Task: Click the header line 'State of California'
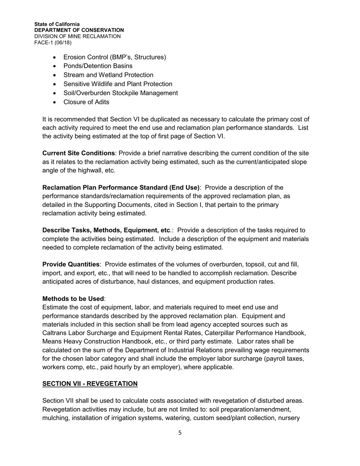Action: [x=57, y=24]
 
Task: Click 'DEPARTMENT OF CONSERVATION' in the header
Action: [x=79, y=30]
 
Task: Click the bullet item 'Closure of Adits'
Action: [x=86, y=102]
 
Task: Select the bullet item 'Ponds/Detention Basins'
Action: [x=98, y=66]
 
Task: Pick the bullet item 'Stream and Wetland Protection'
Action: [x=108, y=75]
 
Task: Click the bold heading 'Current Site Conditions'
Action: [x=78, y=153]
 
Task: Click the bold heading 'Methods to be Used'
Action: [x=73, y=299]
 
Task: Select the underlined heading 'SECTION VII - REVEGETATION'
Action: [x=90, y=384]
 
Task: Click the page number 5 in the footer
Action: [x=180, y=433]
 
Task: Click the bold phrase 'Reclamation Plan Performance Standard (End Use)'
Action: [x=121, y=188]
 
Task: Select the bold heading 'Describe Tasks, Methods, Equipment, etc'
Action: [x=106, y=230]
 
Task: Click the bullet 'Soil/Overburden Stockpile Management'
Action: [x=121, y=93]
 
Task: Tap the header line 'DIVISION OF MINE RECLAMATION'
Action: [x=77, y=36]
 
